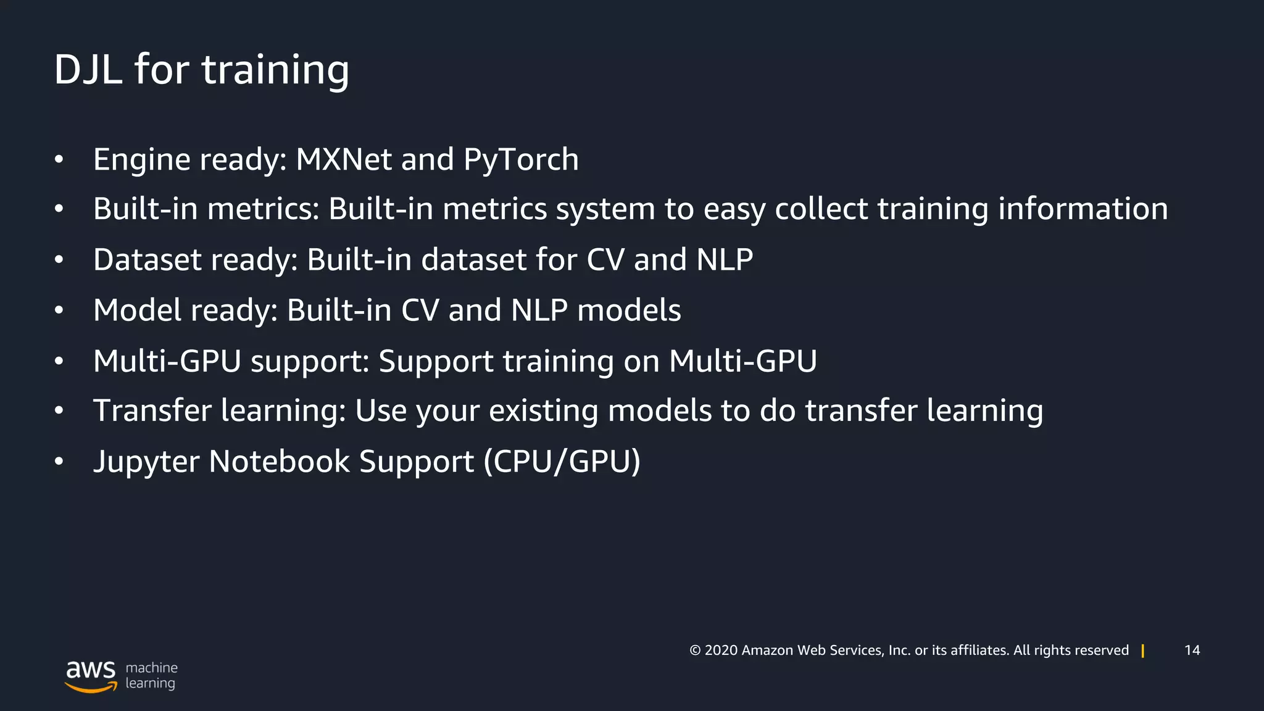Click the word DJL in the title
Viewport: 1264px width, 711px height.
88,69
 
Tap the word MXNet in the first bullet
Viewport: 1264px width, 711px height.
344,160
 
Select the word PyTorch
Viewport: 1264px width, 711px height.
521,160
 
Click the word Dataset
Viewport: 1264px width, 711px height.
147,260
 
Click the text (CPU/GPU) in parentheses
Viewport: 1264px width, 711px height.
562,462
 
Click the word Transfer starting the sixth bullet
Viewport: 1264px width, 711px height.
152,411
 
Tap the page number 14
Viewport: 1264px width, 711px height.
1192,651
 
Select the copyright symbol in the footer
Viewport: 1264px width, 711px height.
695,651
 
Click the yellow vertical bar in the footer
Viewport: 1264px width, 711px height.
1143,651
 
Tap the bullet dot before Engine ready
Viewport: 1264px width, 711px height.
59,160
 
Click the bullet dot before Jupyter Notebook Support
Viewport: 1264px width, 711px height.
59,462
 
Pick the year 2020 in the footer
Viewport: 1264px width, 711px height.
721,651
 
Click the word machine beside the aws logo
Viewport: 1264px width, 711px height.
151,668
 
